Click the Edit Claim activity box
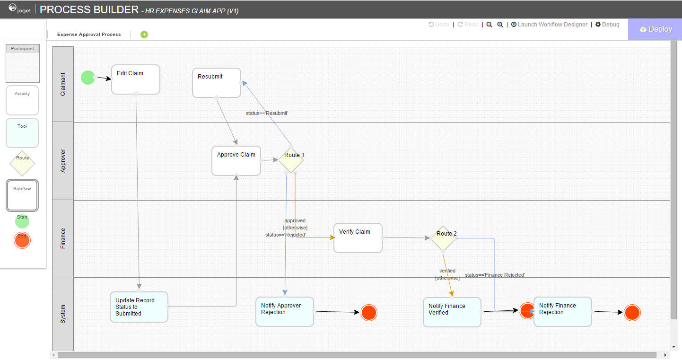(x=136, y=79)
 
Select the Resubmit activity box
(x=217, y=83)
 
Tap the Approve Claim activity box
(x=236, y=161)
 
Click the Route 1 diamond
(x=291, y=160)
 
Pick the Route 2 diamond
(x=443, y=238)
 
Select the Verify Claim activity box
(x=358, y=238)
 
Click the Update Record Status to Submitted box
(x=139, y=307)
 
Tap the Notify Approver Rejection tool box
(x=284, y=312)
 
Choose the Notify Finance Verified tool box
(x=452, y=312)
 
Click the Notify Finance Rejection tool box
(x=563, y=312)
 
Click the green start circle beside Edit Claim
(x=87, y=77)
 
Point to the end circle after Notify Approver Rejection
(x=369, y=313)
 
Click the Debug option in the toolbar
(x=607, y=25)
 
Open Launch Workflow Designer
(x=549, y=25)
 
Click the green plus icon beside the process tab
(x=144, y=34)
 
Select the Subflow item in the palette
(x=22, y=195)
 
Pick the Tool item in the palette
(x=22, y=133)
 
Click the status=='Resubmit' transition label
(x=267, y=114)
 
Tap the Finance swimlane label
(x=63, y=238)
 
